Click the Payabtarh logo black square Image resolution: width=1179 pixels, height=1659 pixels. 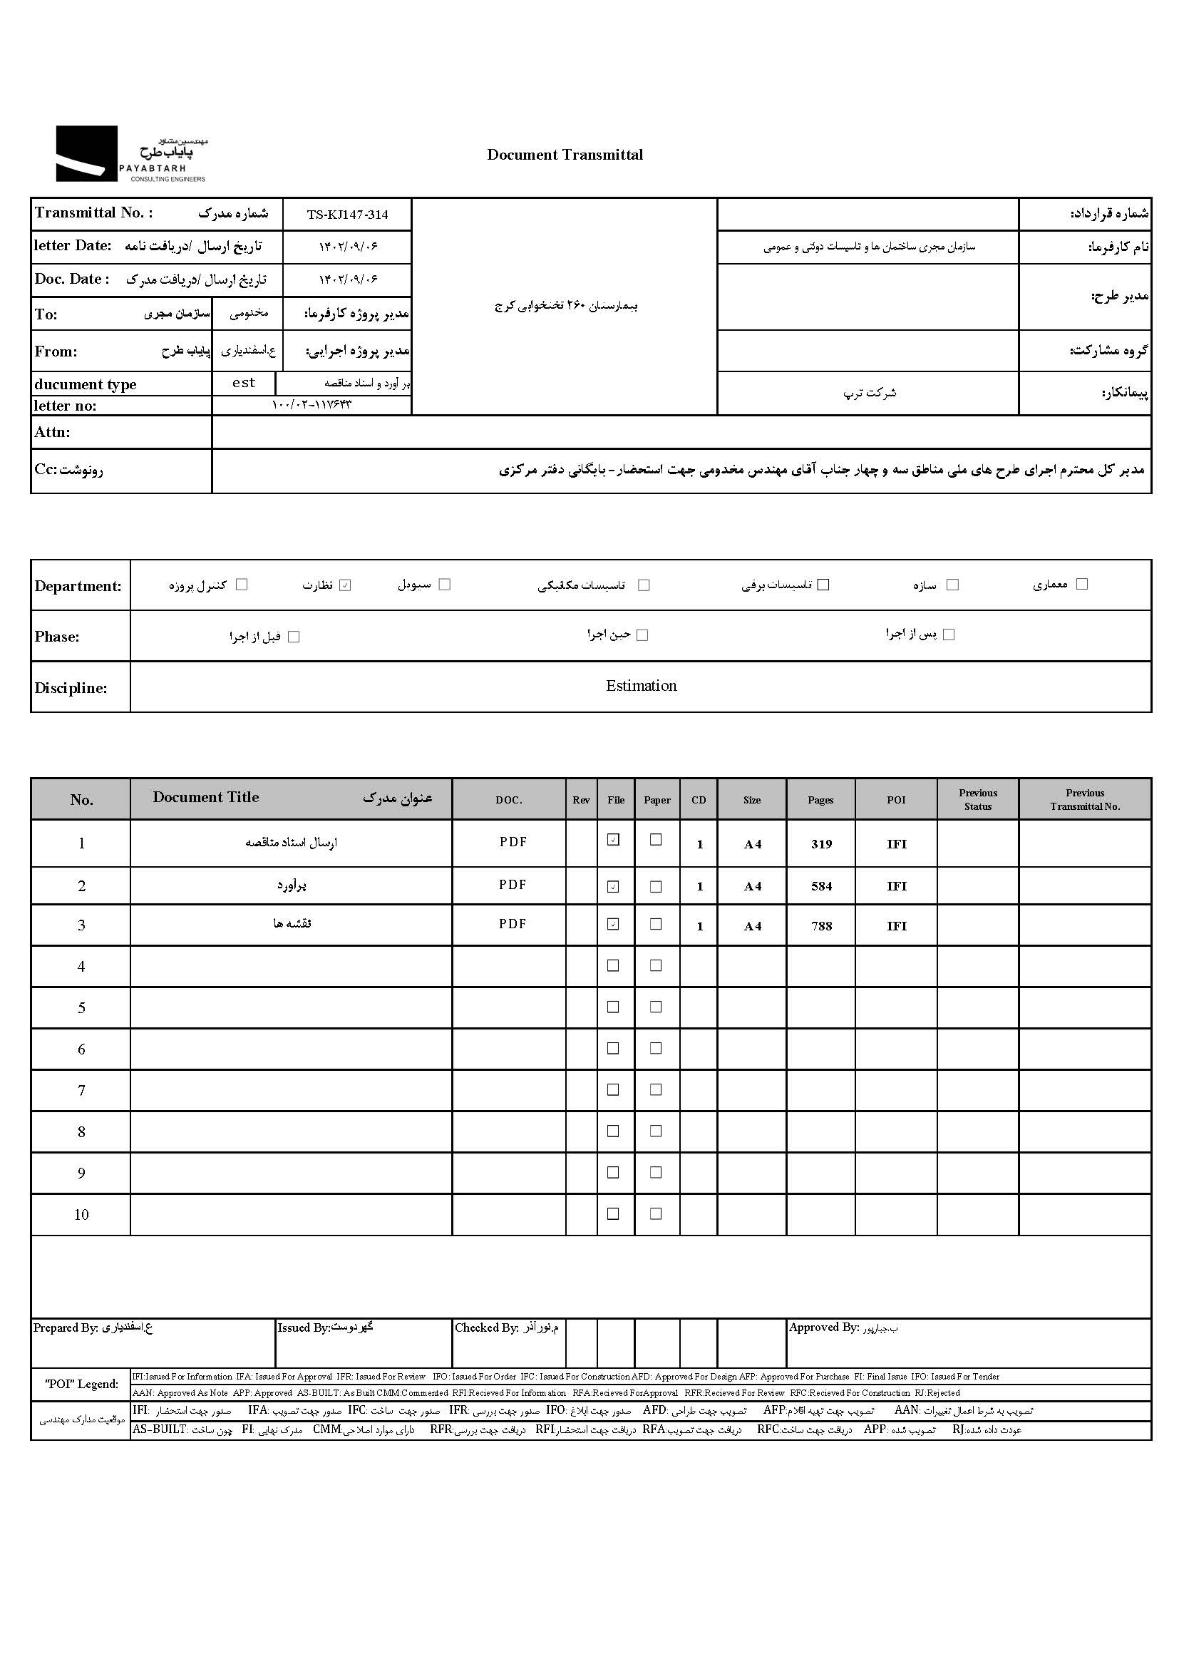point(86,153)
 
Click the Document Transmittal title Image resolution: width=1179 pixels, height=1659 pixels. point(565,155)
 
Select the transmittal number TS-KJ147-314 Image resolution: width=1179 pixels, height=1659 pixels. point(347,215)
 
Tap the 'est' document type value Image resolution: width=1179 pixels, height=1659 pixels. point(244,384)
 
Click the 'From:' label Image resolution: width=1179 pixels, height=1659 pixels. point(56,351)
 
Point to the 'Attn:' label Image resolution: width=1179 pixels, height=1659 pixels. point(52,432)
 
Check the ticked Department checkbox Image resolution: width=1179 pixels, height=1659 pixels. point(346,585)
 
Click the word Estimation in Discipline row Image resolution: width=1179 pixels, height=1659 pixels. point(641,686)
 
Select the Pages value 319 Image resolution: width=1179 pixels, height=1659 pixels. point(821,844)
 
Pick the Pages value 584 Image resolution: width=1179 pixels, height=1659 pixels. point(821,886)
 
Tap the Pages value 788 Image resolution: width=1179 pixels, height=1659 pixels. point(821,926)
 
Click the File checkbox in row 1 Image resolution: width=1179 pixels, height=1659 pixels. point(614,840)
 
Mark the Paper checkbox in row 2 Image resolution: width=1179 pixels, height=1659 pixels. point(656,886)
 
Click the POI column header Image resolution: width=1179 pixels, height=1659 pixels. point(896,800)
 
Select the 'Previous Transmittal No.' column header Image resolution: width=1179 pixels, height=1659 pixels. point(1085,800)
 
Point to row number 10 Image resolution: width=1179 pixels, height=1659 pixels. point(81,1215)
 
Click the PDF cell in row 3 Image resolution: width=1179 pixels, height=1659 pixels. point(513,924)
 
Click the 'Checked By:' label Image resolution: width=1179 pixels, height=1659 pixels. point(486,1328)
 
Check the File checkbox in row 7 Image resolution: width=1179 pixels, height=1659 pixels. point(614,1090)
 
